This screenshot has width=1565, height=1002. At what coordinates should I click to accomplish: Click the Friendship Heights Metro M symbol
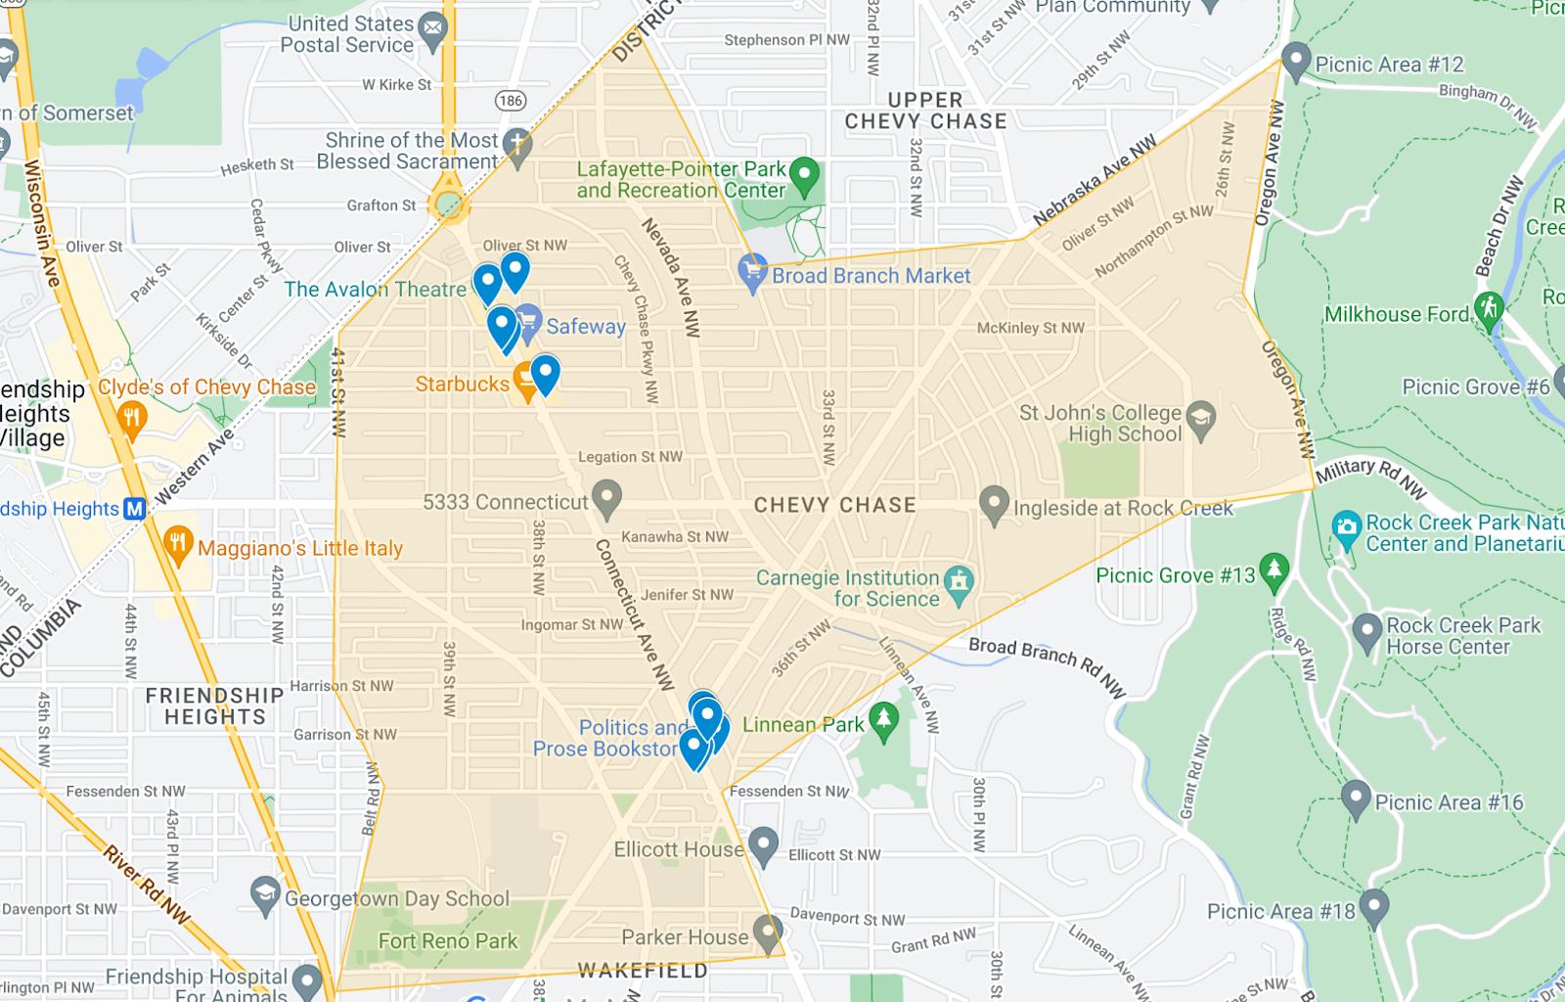point(135,509)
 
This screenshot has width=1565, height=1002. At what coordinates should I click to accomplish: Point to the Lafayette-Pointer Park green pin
point(804,175)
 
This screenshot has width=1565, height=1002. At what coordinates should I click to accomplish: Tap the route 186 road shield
point(510,101)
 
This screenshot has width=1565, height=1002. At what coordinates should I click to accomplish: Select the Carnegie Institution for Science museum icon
point(961,583)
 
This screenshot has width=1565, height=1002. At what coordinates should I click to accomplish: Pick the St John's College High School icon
point(1201,420)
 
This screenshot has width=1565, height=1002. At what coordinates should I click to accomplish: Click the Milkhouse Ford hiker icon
point(1489,309)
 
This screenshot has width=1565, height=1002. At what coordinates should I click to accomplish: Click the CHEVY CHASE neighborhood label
point(834,505)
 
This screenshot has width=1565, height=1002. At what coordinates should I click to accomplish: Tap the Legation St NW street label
point(630,457)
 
